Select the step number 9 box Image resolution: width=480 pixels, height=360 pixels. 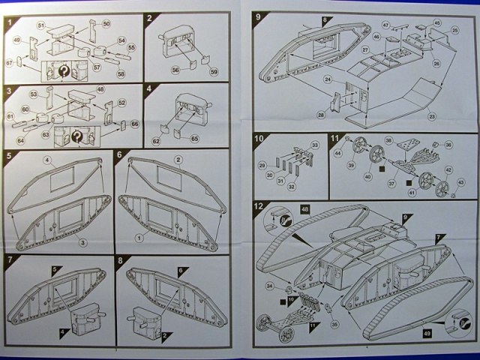click(259, 16)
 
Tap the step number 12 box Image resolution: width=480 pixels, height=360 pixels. click(259, 206)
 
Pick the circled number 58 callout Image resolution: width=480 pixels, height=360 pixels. click(120, 74)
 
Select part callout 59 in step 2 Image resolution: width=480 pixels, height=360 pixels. click(213, 71)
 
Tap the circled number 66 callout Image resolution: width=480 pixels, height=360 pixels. click(135, 123)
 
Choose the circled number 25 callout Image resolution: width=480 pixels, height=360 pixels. click(454, 29)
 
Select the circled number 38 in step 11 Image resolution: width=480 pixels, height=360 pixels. click(388, 140)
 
